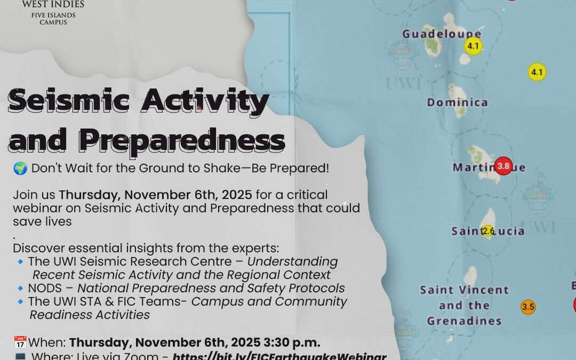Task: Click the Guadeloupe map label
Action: point(441,34)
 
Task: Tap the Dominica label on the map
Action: point(457,102)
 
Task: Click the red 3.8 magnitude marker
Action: point(503,166)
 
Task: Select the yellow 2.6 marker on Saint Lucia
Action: point(487,231)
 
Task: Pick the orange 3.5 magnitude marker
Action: point(528,307)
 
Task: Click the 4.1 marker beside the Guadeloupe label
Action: point(473,46)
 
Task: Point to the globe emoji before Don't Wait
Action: point(20,169)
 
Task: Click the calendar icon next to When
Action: point(20,342)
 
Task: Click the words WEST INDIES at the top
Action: point(53,4)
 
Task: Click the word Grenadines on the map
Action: point(464,321)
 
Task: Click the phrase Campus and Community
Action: point(269,302)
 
